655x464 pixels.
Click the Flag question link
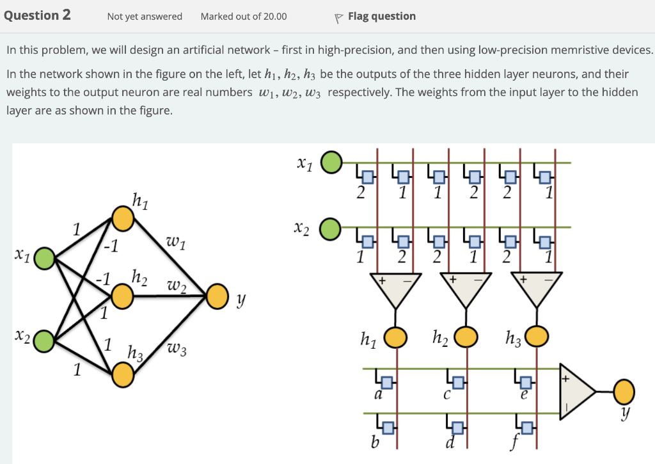coord(376,16)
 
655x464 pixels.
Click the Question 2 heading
coord(37,15)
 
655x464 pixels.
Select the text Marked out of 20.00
coord(244,16)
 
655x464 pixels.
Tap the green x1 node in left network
coord(44,259)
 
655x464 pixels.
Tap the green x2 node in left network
coord(43,340)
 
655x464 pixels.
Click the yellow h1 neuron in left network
coord(123,218)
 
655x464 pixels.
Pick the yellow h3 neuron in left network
coord(123,375)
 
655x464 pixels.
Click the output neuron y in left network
coord(217,296)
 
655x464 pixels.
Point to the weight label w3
coord(177,349)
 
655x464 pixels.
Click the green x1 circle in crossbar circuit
coord(331,163)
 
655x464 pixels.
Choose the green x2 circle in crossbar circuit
coord(331,227)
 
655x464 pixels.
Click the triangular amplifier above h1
coord(395,289)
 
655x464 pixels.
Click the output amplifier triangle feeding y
coord(578,392)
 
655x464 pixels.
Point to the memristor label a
coord(378,396)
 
